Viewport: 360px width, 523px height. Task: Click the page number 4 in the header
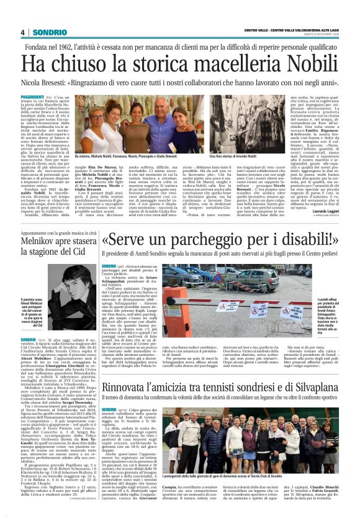(22, 32)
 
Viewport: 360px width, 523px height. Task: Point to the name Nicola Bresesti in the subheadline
(46, 82)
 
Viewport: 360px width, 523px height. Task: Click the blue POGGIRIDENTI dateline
(32, 98)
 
